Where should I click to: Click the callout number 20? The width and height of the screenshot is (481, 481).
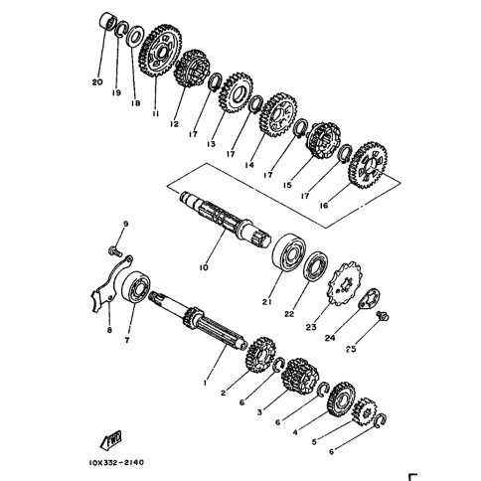pyautogui.click(x=97, y=81)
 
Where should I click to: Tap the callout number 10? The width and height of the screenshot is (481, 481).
pyautogui.click(x=204, y=267)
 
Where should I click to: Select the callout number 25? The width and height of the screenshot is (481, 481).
pyautogui.click(x=351, y=349)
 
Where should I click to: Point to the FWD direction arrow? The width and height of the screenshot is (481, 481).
pyautogui.click(x=111, y=440)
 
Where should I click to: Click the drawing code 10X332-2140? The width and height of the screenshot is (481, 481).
pyautogui.click(x=116, y=462)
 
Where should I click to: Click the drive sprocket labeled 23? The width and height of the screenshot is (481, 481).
pyautogui.click(x=344, y=283)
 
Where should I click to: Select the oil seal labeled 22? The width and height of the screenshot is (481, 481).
pyautogui.click(x=316, y=267)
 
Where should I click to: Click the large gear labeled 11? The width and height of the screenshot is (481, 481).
pyautogui.click(x=160, y=52)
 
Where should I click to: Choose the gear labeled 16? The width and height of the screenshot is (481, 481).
pyautogui.click(x=368, y=165)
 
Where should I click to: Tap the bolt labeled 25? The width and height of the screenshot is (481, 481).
pyautogui.click(x=383, y=316)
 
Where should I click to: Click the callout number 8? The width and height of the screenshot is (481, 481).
pyautogui.click(x=109, y=330)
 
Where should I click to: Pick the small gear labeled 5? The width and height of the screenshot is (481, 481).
pyautogui.click(x=364, y=411)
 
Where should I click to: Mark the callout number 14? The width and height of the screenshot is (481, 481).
pyautogui.click(x=249, y=165)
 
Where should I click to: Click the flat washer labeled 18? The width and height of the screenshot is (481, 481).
pyautogui.click(x=135, y=36)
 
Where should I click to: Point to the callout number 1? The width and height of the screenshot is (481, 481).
pyautogui.click(x=205, y=383)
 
